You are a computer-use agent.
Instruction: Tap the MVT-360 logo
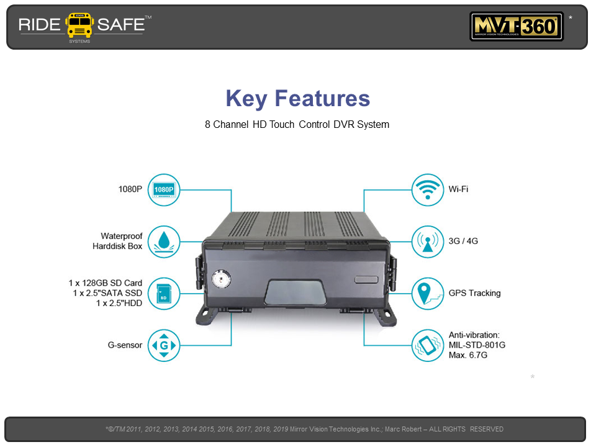pyautogui.click(x=516, y=27)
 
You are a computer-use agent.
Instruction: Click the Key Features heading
pyautogui.click(x=297, y=98)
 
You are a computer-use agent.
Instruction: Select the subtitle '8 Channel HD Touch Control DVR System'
pyautogui.click(x=297, y=124)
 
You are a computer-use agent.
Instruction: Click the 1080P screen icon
pyautogui.click(x=164, y=189)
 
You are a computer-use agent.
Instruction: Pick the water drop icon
pyautogui.click(x=164, y=242)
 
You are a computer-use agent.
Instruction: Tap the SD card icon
pyautogui.click(x=164, y=293)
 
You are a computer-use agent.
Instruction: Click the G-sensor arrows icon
pyautogui.click(x=164, y=345)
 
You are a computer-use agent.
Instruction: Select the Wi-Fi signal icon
pyautogui.click(x=428, y=189)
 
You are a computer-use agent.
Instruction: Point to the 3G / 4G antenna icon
pyautogui.click(x=428, y=242)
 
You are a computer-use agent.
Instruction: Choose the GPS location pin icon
pyautogui.click(x=428, y=293)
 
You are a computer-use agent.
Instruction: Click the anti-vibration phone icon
pyautogui.click(x=428, y=345)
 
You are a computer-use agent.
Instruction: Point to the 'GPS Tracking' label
pyautogui.click(x=474, y=293)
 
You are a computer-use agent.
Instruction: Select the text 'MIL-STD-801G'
pyautogui.click(x=477, y=345)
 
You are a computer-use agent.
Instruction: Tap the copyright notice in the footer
pyautogui.click(x=304, y=429)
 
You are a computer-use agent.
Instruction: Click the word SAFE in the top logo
pyautogui.click(x=121, y=25)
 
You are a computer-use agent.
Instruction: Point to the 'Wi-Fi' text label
pyautogui.click(x=458, y=189)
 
